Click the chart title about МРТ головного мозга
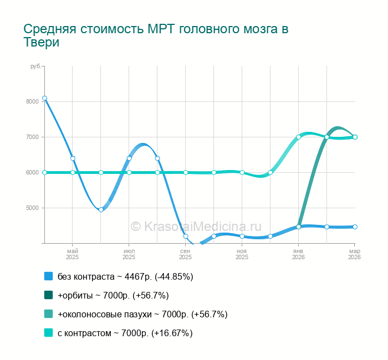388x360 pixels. pyautogui.click(x=156, y=35)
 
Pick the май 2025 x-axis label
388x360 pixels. pyautogui.click(x=73, y=254)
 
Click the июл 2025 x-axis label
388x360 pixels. pyautogui.click(x=129, y=254)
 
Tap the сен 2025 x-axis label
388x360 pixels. pyautogui.click(x=186, y=254)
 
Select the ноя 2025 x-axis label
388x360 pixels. pyautogui.click(x=242, y=254)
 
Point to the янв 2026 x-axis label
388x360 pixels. pyautogui.click(x=298, y=254)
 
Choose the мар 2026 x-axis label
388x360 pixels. pyautogui.click(x=354, y=254)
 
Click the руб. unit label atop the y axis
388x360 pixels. pyautogui.click(x=35, y=66)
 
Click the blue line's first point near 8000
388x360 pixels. pyautogui.click(x=44, y=98)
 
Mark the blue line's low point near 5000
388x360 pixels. pyautogui.click(x=101, y=209)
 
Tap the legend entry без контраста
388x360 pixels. pyautogui.click(x=125, y=276)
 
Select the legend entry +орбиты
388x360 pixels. pyautogui.click(x=113, y=295)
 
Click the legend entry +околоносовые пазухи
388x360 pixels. pyautogui.click(x=142, y=314)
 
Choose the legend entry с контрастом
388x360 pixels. pyautogui.click(x=125, y=333)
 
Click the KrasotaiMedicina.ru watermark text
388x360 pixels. pyautogui.click(x=196, y=226)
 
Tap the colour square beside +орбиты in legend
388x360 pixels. pyautogui.click(x=48, y=295)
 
